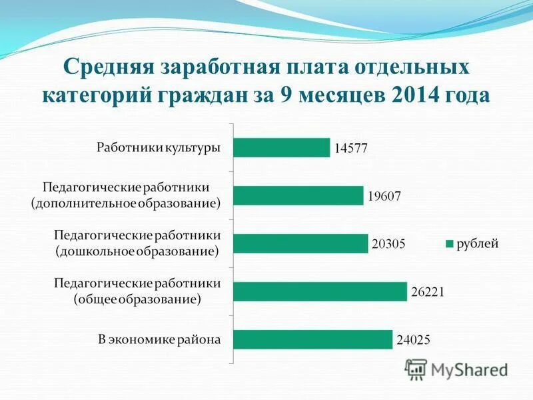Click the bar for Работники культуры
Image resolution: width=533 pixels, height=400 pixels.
coord(282,147)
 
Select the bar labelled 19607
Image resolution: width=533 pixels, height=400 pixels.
coord(298,195)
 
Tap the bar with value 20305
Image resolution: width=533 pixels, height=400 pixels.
coord(300,243)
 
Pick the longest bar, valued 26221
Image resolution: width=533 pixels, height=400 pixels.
coord(320,291)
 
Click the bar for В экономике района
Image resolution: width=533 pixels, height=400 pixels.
coord(312,339)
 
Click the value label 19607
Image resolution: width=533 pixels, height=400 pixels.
coord(384,197)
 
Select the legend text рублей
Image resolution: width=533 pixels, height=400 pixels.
coord(477,244)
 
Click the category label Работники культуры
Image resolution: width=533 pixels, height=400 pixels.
coord(159,147)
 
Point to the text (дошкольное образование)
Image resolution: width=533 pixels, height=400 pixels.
coord(137,251)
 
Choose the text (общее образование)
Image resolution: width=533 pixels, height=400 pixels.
coord(137,299)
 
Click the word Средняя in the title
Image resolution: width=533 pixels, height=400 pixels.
coord(109,69)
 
